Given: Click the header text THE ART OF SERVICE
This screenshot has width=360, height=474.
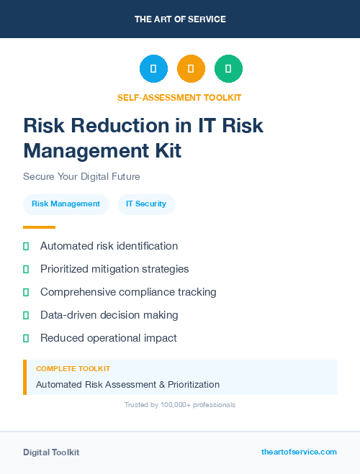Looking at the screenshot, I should coord(180,19).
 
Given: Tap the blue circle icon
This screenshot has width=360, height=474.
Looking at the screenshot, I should coord(153,69).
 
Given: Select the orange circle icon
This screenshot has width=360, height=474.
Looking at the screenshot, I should coord(191,69).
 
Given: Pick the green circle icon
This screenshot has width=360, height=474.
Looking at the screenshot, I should coord(228,69).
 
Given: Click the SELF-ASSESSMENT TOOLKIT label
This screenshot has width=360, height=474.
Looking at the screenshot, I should coord(179,97).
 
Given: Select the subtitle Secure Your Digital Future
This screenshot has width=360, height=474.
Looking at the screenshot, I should coord(81,176).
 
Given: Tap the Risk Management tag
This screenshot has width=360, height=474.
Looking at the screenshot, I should coord(66,204).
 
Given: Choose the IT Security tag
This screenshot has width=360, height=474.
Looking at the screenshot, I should coord(146,204).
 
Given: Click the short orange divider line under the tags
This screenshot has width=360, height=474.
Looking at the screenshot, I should coord(39,227).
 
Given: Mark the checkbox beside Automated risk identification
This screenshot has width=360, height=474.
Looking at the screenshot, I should coord(26,246).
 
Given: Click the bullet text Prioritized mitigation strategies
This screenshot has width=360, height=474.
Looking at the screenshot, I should coord(114,269).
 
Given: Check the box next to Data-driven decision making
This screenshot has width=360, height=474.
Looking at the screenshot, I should coord(26,315).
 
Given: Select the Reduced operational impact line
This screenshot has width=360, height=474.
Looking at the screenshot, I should coord(108,338).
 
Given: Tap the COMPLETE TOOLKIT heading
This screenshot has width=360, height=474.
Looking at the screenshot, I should coord(73,369).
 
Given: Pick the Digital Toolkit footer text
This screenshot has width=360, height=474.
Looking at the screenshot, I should coord(51,452).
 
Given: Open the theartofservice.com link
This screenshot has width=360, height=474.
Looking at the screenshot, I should coord(299,452).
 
